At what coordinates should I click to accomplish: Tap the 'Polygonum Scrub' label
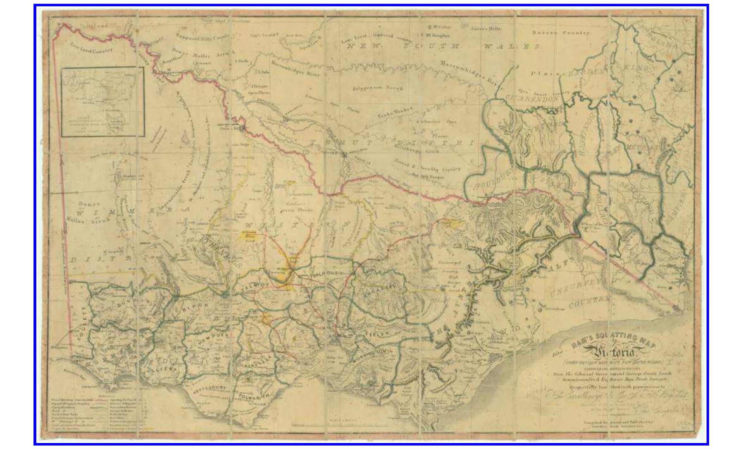tap(378, 88)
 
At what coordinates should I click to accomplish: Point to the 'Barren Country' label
tap(561, 33)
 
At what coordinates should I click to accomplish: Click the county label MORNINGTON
tap(369, 356)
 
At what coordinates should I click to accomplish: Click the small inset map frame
tap(103, 102)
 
